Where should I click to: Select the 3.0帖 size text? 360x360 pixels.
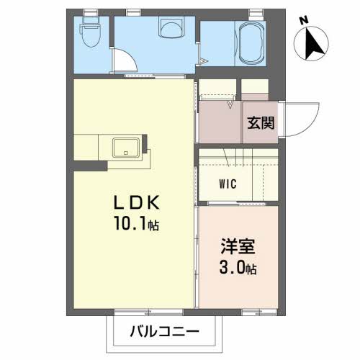click(235, 270)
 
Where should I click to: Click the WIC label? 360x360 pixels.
click(228, 183)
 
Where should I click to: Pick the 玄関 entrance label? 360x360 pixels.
click(261, 122)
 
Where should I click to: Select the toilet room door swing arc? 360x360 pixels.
click(125, 59)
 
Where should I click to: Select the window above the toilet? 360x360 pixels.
click(91, 12)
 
